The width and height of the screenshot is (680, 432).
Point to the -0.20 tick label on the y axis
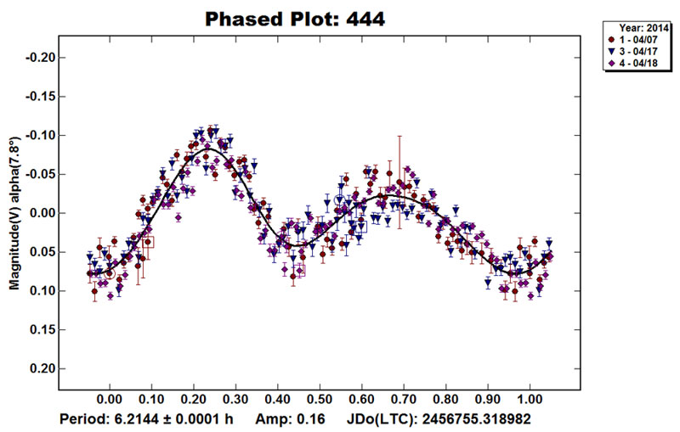(x=37, y=58)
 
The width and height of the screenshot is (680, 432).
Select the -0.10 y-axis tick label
(x=37, y=136)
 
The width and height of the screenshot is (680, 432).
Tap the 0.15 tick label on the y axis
(x=39, y=330)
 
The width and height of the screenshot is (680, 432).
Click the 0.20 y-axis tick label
(x=39, y=369)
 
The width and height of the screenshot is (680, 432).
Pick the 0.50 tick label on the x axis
(x=320, y=398)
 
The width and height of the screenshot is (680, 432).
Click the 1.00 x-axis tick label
(x=530, y=398)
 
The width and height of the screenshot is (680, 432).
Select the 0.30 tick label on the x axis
(x=235, y=398)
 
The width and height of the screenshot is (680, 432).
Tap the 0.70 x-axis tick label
(x=404, y=398)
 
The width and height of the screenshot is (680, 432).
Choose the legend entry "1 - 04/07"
(x=637, y=39)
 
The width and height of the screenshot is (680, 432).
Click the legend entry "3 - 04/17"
(x=637, y=52)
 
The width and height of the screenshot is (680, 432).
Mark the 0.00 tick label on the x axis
(x=110, y=398)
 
